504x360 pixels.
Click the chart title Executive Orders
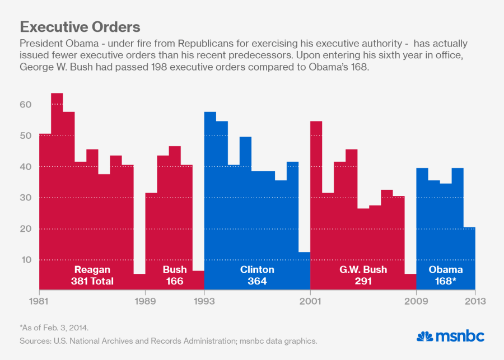80,27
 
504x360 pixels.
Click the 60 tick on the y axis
26,105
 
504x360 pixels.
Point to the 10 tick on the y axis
26,260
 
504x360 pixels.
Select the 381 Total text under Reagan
92,281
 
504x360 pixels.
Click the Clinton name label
257,270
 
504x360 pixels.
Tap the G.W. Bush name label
363,270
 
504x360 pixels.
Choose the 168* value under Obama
446,281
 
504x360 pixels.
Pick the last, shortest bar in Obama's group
469,258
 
